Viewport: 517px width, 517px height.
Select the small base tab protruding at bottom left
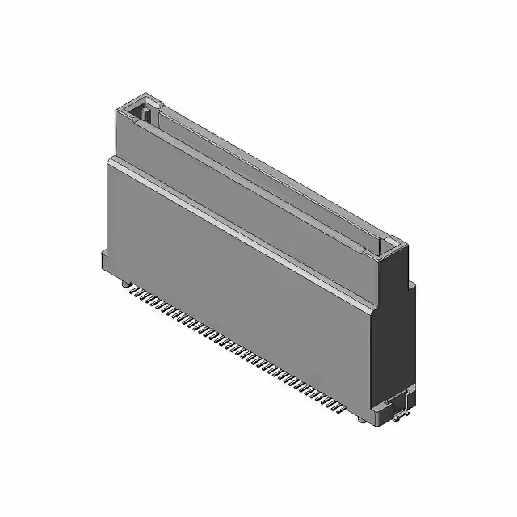106,262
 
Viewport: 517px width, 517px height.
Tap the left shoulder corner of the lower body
108,160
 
